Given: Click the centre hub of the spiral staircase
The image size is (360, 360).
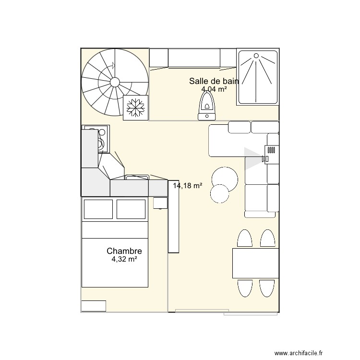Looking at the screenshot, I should tap(115, 82).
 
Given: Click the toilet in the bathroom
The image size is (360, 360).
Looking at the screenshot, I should tap(207, 106).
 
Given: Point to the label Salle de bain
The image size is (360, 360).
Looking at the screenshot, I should tap(214, 81).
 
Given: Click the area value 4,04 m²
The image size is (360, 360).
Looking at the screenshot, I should tap(214, 89).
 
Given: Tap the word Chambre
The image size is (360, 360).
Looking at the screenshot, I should tap(124, 251).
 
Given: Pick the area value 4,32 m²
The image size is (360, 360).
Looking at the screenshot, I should tap(124, 259).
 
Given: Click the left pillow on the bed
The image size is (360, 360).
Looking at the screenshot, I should tap(98, 209).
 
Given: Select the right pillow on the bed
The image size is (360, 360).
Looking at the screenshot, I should tap(131, 209).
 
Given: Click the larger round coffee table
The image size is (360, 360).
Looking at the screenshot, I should tap(224, 178).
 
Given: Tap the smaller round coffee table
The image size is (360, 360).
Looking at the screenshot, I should tap(220, 193).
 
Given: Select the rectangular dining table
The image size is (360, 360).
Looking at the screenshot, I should tap(255, 263).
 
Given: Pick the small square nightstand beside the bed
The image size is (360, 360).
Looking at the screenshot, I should tap(159, 203).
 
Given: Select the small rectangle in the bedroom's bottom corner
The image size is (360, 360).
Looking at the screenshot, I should tap(93, 306).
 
